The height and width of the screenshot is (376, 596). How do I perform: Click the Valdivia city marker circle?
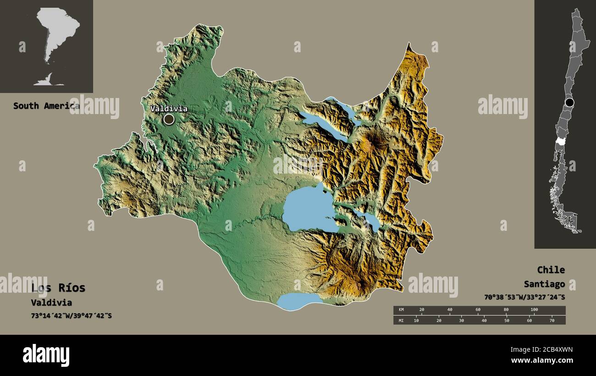(x=169, y=120)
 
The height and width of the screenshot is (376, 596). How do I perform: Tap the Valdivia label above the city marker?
(x=169, y=109)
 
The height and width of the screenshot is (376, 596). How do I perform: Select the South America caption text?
(x=46, y=106)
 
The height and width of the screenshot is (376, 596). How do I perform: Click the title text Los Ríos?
(x=58, y=288)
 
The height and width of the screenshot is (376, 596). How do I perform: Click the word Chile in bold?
(x=551, y=270)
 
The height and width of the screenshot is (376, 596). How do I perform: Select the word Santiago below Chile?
(x=544, y=284)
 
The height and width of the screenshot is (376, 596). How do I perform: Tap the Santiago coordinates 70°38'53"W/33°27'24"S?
(x=524, y=297)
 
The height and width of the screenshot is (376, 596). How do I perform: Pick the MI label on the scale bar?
(x=400, y=321)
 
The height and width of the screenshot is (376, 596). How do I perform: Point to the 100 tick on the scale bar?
(x=534, y=310)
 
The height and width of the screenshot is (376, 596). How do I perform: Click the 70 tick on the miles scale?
(x=552, y=321)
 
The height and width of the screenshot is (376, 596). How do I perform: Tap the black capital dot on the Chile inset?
(x=569, y=102)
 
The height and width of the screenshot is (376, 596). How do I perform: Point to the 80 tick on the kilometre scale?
(x=506, y=310)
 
